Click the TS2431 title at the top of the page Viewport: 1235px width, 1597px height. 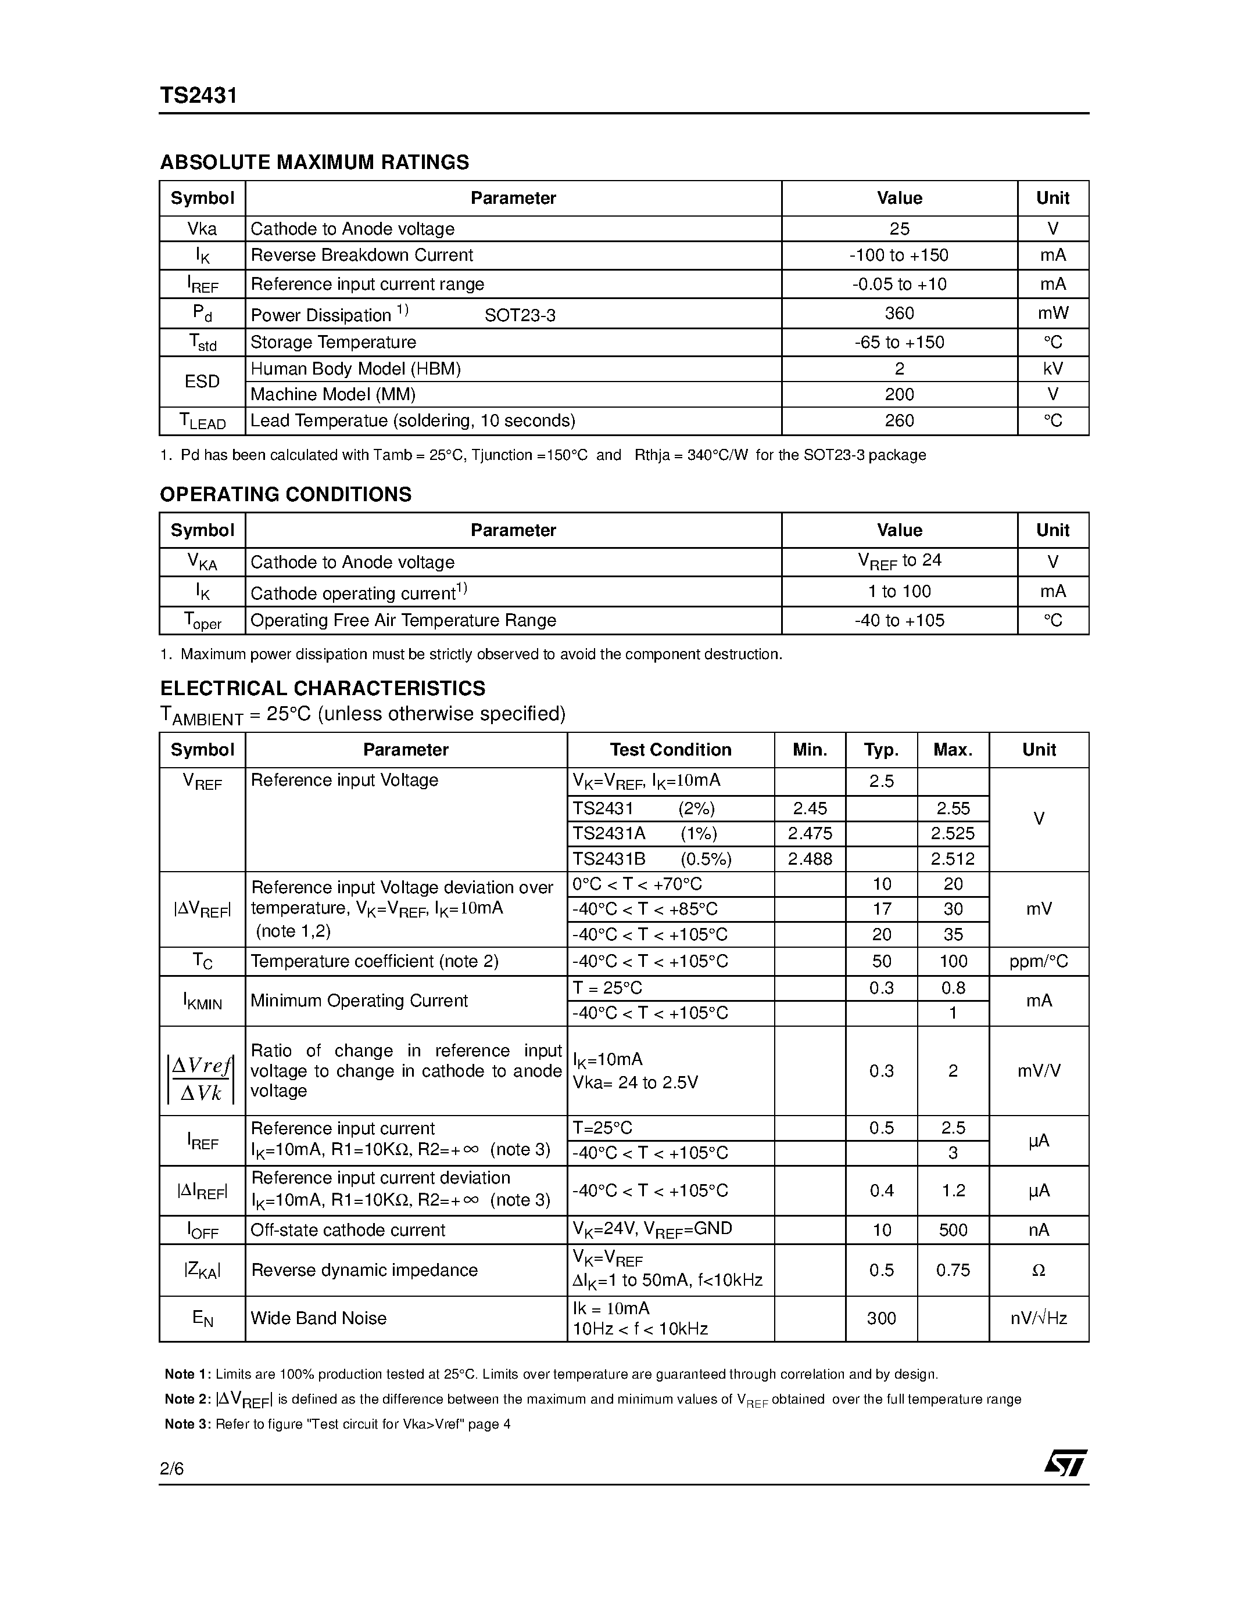198,96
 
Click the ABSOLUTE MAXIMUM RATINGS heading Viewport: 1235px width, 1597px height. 314,163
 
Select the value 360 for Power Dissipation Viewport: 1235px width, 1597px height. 899,314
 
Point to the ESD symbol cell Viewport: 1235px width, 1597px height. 202,382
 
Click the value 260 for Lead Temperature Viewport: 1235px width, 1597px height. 899,421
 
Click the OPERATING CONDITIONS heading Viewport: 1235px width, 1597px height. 285,495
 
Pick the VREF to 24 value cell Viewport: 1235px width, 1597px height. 899,562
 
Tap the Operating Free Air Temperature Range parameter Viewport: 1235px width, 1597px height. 403,621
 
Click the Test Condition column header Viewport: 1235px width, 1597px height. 670,750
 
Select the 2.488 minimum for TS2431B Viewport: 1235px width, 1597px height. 810,859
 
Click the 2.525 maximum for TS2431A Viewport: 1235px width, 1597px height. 953,833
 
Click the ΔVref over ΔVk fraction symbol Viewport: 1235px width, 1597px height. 201,1080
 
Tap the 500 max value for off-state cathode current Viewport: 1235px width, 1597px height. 953,1231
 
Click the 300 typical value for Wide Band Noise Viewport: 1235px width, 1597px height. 881,1318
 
